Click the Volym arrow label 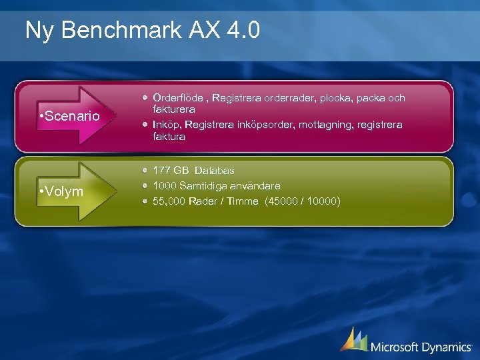tap(63, 192)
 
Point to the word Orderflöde tap(177, 98)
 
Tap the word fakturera tap(173, 109)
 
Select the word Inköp tap(166, 125)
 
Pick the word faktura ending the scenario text tap(169, 136)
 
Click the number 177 tap(161, 171)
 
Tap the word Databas tap(214, 171)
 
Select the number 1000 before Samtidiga tap(165, 186)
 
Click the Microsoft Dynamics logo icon tap(353, 340)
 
